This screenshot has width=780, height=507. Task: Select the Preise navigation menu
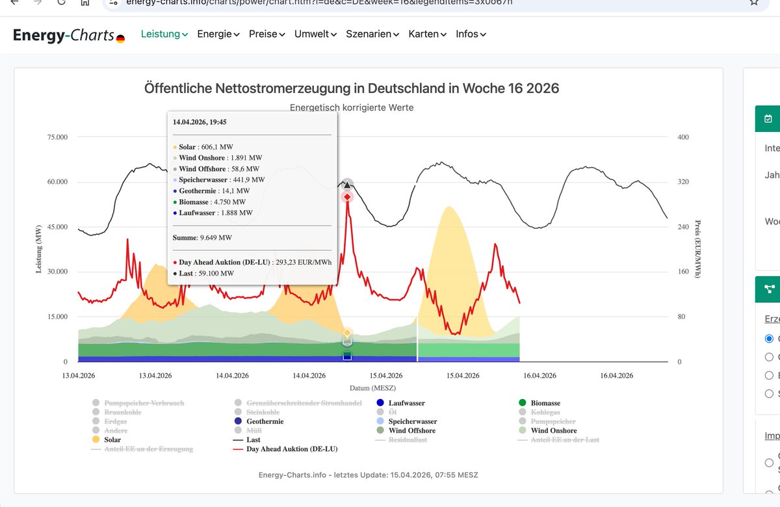point(266,34)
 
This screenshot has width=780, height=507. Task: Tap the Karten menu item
point(427,34)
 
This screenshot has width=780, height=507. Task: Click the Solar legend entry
point(112,439)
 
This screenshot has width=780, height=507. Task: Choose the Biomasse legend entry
point(545,403)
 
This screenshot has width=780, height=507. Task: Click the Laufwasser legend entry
point(406,403)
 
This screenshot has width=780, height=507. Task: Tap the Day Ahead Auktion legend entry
point(291,448)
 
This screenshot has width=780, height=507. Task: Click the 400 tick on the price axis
point(682,137)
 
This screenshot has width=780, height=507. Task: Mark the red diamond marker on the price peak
point(347,196)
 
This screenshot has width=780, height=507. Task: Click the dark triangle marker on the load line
point(347,185)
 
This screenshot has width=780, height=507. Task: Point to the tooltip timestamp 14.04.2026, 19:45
point(200,122)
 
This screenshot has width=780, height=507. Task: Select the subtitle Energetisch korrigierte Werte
point(352,107)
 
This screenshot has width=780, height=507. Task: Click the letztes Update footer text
point(368,475)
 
